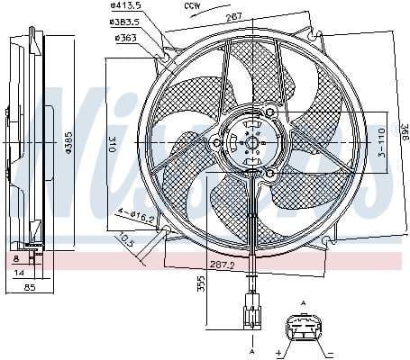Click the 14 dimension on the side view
[19, 271]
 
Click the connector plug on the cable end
[250, 311]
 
